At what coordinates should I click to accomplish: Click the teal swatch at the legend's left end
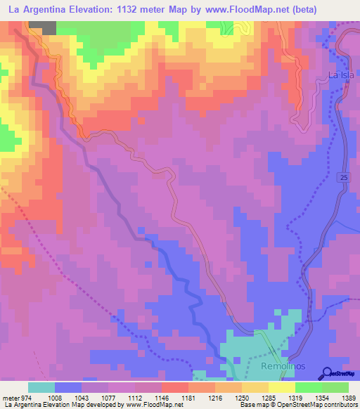point(41,388)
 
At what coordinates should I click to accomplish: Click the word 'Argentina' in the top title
point(47,9)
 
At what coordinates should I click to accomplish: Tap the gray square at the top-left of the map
point(43,27)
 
